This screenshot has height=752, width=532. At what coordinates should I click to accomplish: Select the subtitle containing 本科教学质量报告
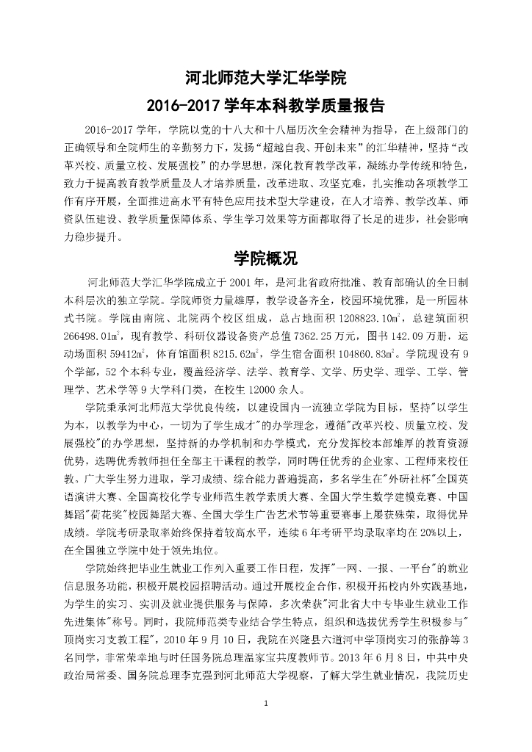[265, 104]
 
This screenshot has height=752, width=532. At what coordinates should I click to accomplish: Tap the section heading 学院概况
[265, 258]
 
